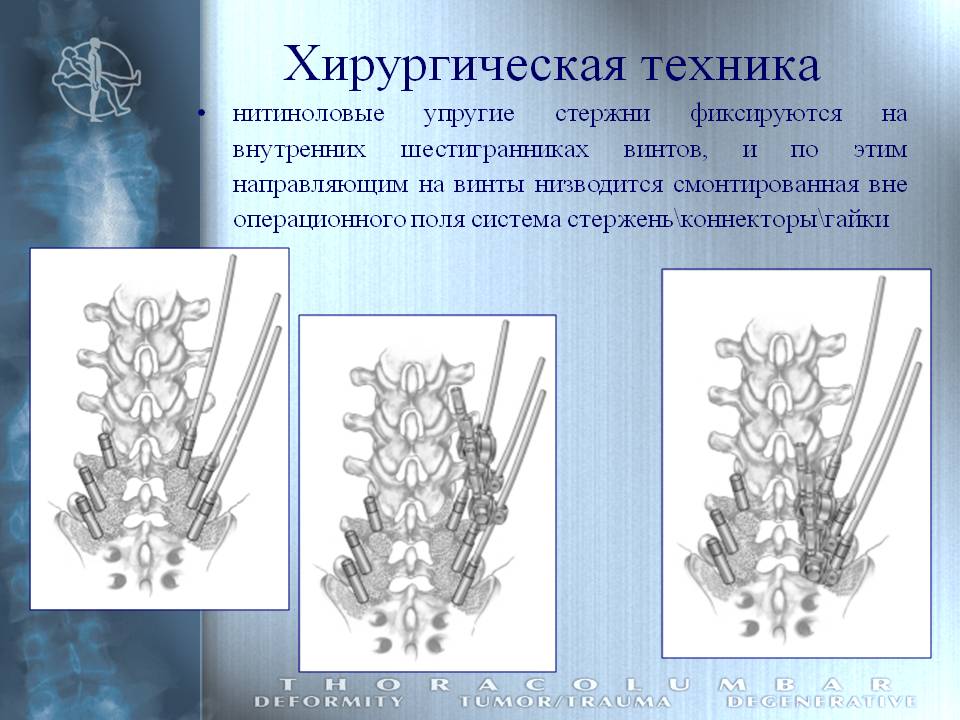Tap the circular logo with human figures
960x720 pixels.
pos(95,78)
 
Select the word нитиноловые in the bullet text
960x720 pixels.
pos(309,114)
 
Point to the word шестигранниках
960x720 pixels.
pos(494,150)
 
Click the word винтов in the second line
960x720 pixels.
pos(665,150)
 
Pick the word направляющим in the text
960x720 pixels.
pos(320,186)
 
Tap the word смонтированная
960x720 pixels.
pos(766,185)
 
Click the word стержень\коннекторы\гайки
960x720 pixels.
pos(728,220)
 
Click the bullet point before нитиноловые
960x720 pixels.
pos(201,113)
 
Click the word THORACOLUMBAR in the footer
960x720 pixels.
pos(586,684)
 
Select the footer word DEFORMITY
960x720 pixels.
pos(329,702)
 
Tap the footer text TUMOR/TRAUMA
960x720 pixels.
pos(564,702)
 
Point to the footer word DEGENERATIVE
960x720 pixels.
pos(821,702)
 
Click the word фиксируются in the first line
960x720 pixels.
pos(766,114)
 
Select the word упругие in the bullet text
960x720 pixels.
pos(469,114)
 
